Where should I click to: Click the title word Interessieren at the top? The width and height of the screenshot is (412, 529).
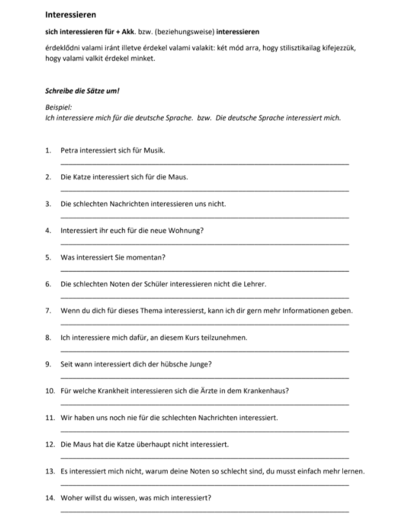tap(70, 14)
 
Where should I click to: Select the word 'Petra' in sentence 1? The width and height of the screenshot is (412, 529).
tap(70, 150)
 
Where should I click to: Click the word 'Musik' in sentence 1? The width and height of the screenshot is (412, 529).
tap(153, 150)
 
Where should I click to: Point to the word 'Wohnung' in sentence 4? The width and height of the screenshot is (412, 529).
tap(188, 230)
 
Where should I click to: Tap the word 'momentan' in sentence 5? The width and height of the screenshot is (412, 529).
tap(149, 257)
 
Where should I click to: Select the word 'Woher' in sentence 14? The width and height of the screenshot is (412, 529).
tap(71, 497)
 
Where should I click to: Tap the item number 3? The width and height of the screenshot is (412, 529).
tap(48, 204)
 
